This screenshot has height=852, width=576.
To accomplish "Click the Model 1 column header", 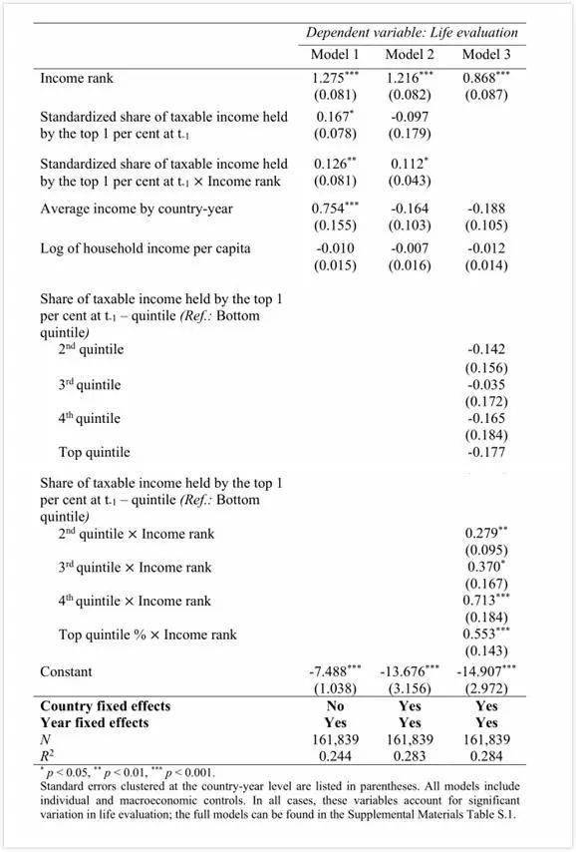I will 335,54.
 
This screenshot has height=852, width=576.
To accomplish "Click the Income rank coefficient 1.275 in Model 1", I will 335,78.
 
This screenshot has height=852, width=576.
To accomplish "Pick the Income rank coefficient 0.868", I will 485,78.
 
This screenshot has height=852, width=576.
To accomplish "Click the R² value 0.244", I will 336,755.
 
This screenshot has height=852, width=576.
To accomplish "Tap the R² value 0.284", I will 486,755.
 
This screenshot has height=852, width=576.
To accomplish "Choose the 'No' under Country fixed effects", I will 336,705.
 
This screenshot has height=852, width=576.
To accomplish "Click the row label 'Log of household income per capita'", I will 145,247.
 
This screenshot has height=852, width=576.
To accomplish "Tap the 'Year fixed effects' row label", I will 94,722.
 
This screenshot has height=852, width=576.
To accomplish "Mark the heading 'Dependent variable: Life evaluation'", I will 412,32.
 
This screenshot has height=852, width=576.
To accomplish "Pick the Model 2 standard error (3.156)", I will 410,688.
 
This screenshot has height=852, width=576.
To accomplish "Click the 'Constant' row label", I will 66,671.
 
